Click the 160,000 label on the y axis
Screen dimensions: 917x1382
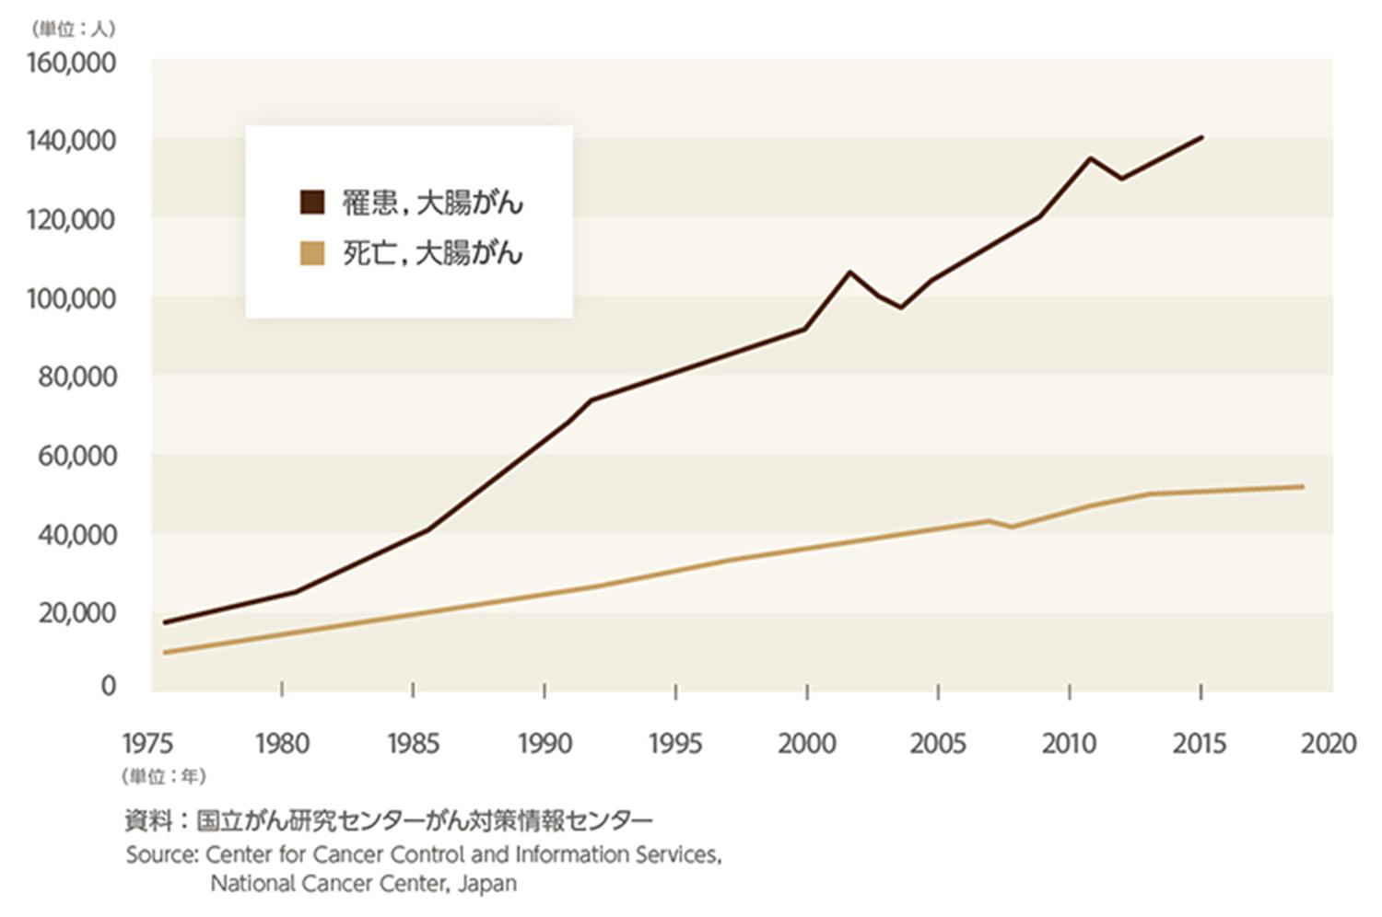pos(71,64)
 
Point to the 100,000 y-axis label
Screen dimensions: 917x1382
pos(71,298)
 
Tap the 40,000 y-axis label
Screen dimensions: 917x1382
pos(77,534)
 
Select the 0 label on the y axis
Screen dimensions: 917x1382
pos(109,686)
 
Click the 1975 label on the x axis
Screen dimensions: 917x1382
pos(147,743)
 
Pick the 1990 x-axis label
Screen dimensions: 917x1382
pos(545,743)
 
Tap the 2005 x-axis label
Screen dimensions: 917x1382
pos(938,743)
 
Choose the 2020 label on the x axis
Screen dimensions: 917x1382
pos(1329,743)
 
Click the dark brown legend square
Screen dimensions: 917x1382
pos(312,203)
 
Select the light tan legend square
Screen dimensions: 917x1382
pos(312,252)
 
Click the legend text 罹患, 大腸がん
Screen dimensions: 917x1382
pos(432,203)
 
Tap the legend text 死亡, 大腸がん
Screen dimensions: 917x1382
pos(432,252)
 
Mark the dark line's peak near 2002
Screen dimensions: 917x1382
pos(849,273)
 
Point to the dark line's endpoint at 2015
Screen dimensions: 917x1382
pos(1201,137)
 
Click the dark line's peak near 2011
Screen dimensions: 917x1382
pos(1090,158)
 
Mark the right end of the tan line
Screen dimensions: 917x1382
pos(1303,486)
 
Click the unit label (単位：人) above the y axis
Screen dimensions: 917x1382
pos(73,29)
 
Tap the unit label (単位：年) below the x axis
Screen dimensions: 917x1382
pos(163,776)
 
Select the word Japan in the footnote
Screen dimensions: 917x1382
pos(489,884)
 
